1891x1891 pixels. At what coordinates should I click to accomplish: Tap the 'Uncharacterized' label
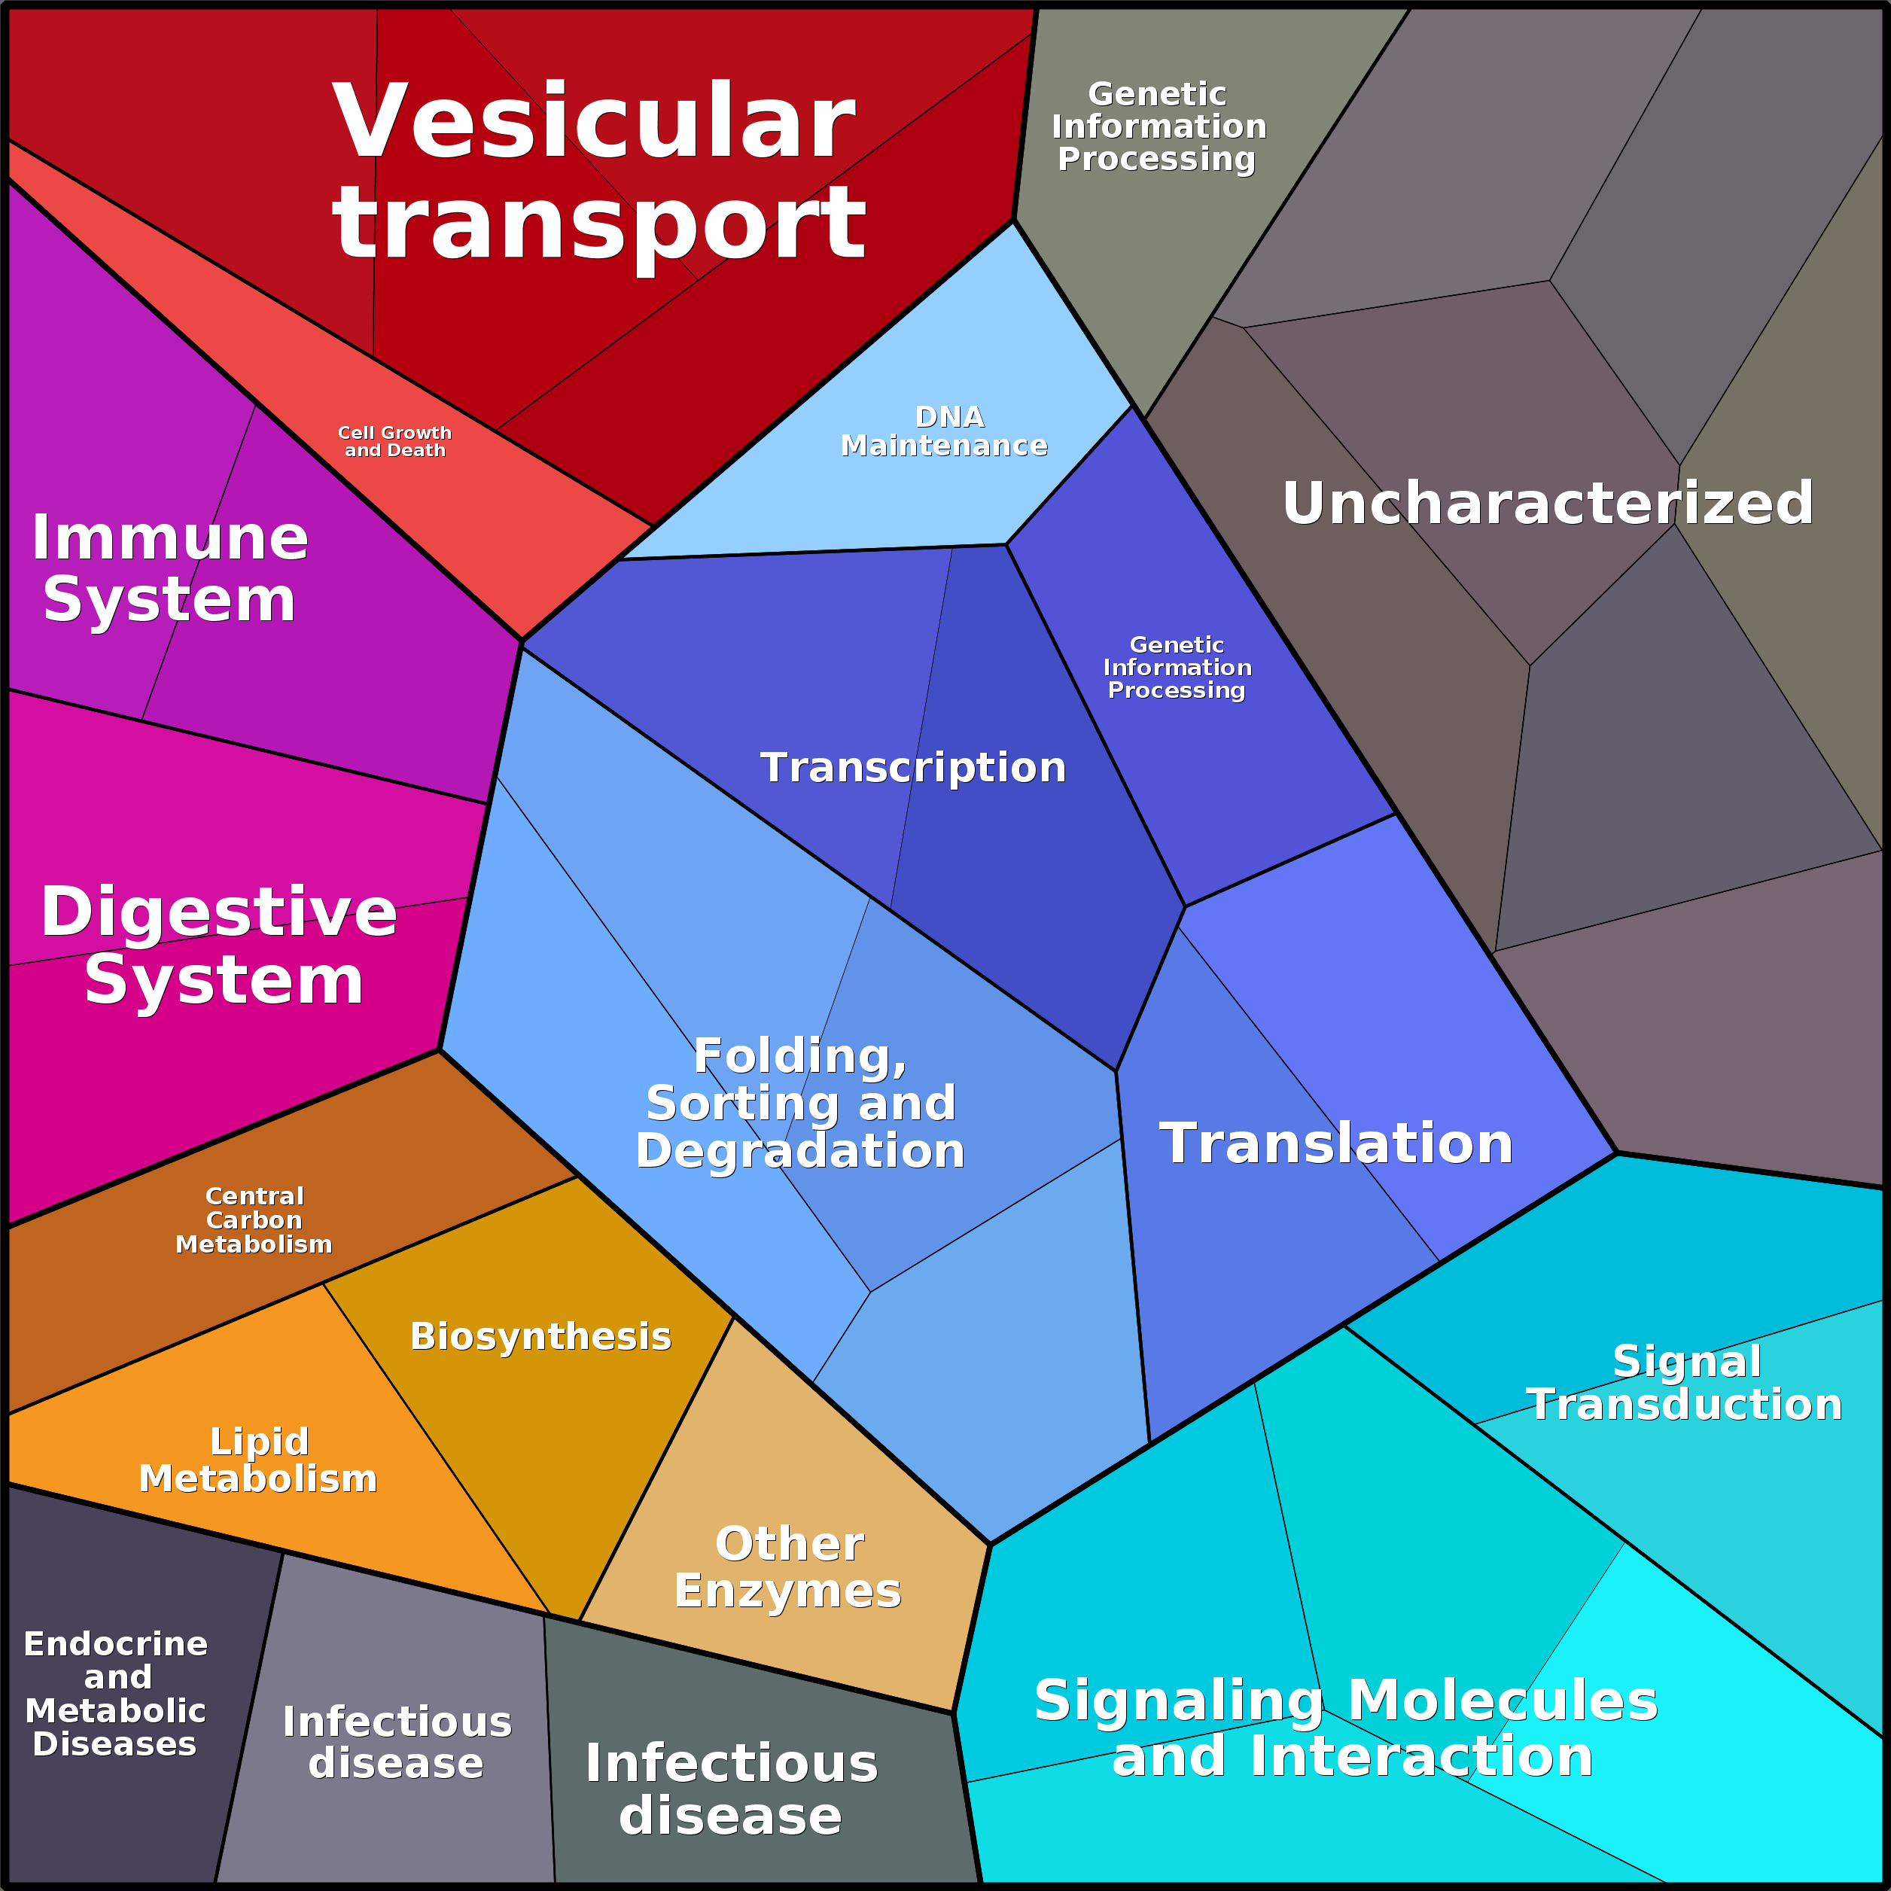coord(1548,503)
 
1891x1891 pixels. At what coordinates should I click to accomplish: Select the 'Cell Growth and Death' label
coord(394,441)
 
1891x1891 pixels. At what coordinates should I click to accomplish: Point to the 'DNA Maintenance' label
coord(945,431)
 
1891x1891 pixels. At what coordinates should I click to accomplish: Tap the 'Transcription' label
coord(912,767)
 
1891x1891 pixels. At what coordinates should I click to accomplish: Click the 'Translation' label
coord(1336,1143)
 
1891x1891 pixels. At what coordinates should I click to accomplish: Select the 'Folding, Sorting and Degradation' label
coord(799,1103)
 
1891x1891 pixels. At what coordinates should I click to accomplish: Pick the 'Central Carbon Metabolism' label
coord(254,1220)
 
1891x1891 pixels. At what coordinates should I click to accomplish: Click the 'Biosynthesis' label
coord(541,1336)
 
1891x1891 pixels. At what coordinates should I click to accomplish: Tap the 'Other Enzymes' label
coord(788,1567)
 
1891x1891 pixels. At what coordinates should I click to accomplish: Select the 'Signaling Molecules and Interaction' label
coord(1347,1728)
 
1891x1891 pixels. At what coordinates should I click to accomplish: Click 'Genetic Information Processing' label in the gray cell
coord(1158,126)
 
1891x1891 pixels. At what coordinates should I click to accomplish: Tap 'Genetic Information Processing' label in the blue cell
coord(1177,668)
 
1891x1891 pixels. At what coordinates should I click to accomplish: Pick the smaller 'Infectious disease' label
coord(397,1742)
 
